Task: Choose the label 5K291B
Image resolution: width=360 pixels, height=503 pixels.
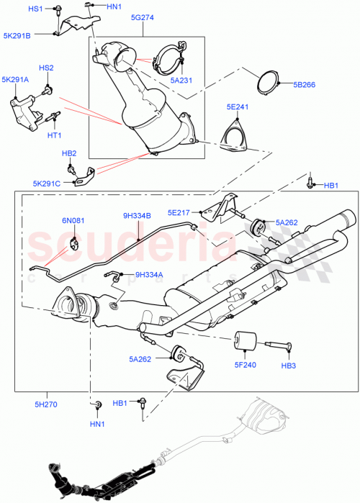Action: click(x=17, y=35)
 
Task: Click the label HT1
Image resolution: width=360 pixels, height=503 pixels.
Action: click(x=54, y=135)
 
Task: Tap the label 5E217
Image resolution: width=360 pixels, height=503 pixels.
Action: click(x=181, y=212)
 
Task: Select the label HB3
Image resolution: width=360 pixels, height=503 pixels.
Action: click(x=288, y=366)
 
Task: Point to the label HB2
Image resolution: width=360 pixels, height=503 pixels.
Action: click(x=69, y=153)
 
